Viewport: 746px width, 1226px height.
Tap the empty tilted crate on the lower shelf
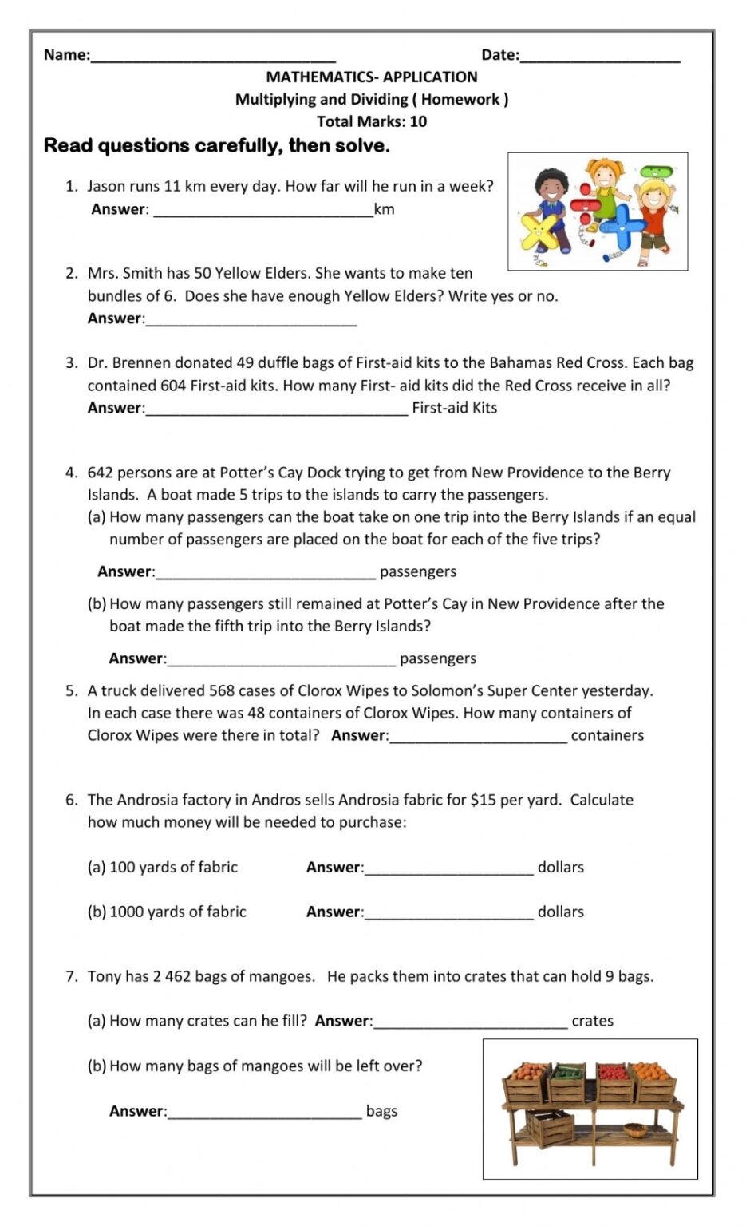pyautogui.click(x=550, y=1128)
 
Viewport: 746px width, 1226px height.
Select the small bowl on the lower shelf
pyautogui.click(x=634, y=1129)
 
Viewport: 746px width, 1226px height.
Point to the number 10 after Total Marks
pyautogui.click(x=418, y=121)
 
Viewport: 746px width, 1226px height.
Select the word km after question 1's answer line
pyautogui.click(x=385, y=209)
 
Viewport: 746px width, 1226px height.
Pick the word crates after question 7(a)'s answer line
pyautogui.click(x=592, y=1021)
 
